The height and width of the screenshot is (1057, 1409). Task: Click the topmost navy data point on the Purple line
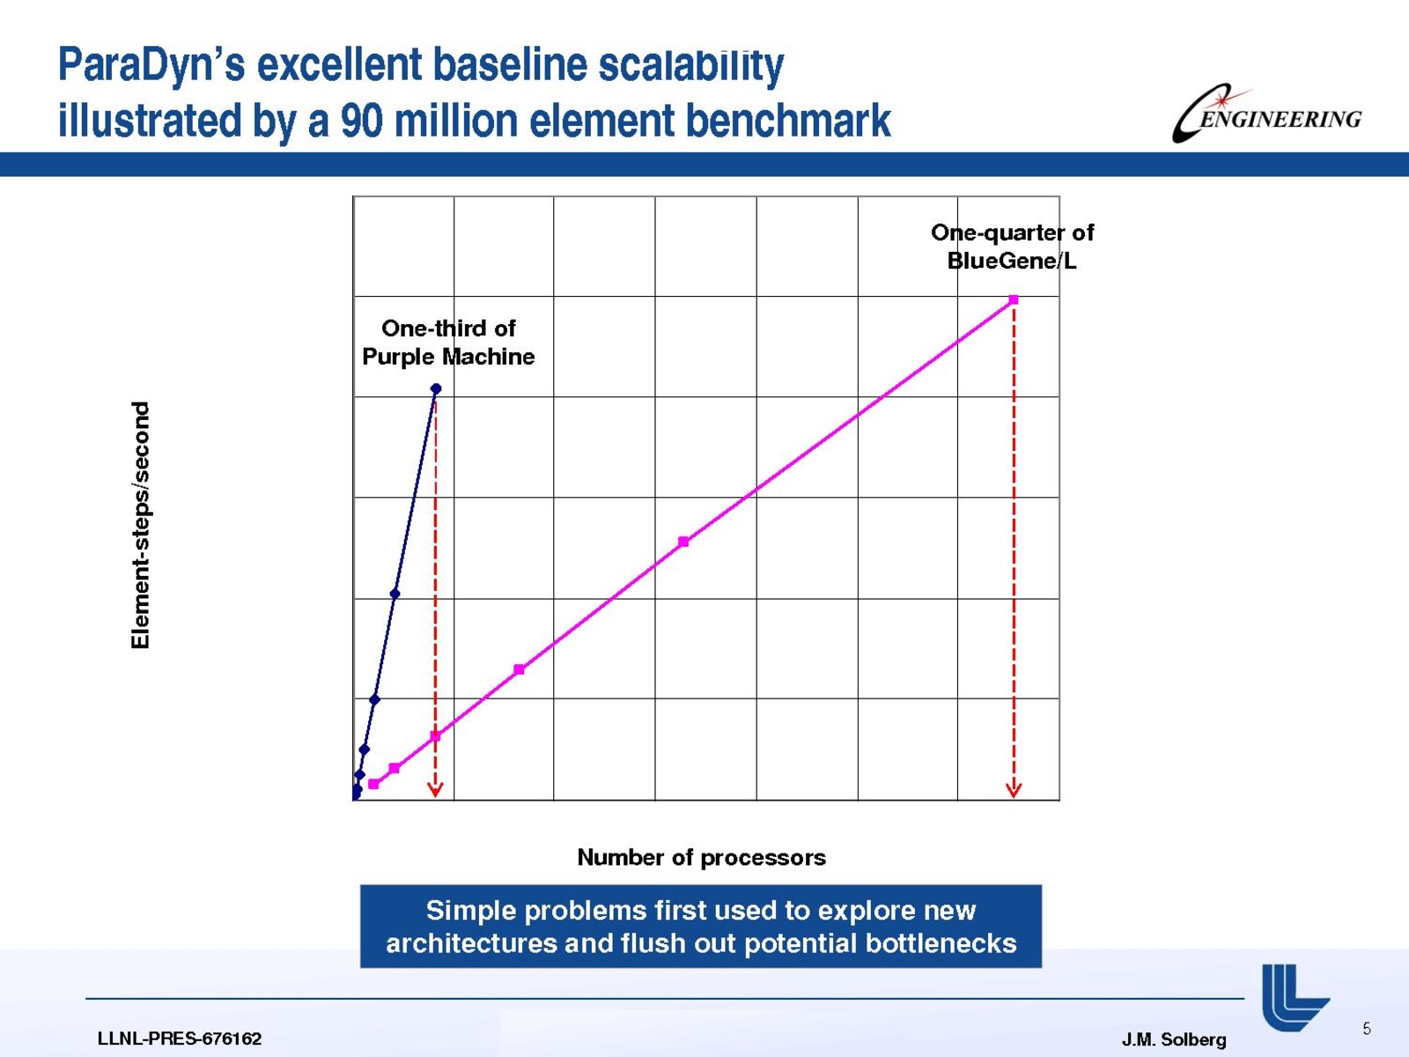coord(436,388)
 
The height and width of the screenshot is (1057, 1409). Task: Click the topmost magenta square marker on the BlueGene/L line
coord(1014,299)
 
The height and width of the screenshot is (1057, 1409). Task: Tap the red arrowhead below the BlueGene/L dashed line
coord(1014,790)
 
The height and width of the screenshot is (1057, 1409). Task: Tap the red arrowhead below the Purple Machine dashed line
coord(435,790)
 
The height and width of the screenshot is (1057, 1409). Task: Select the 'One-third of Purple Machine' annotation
coord(448,342)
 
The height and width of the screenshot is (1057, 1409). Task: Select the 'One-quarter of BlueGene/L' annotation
coord(1013,247)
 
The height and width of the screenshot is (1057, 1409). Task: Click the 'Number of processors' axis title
coord(701,857)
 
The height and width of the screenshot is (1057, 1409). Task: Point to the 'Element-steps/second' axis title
coord(140,525)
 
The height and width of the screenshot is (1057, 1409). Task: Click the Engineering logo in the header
coord(1265,113)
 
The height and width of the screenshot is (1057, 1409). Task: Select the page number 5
coord(1367,1029)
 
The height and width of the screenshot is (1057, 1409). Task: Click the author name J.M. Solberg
coord(1173,1039)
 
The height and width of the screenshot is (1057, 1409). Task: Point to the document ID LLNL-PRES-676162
coord(179,1039)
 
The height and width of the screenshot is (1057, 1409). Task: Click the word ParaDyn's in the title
coord(151,65)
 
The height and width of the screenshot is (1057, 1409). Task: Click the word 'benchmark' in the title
coord(788,120)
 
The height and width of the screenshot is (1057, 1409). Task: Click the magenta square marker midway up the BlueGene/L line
coord(683,542)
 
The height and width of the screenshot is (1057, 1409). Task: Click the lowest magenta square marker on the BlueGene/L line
coord(373,784)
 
